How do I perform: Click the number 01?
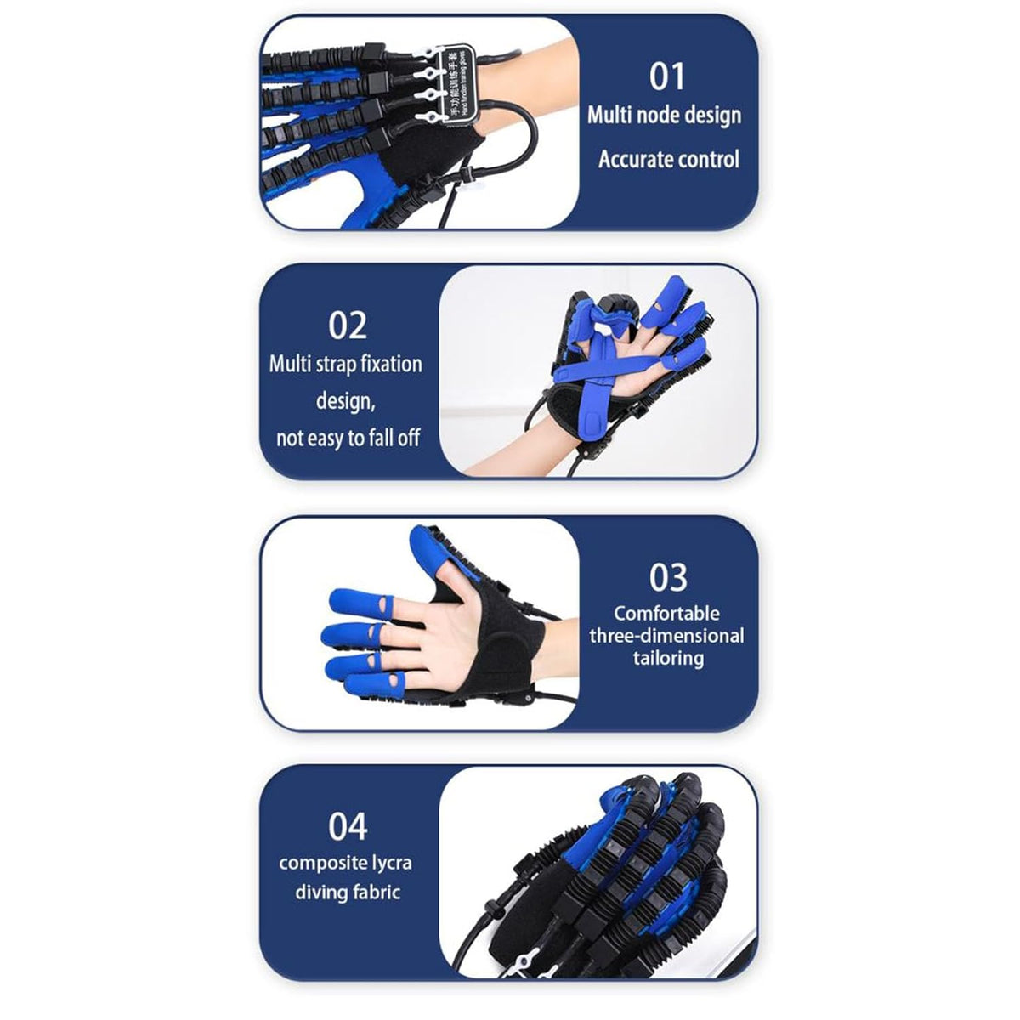tap(667, 76)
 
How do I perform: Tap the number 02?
tap(347, 326)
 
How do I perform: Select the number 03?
tap(667, 578)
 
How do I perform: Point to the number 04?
tap(347, 826)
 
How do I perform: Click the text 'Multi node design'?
tap(664, 116)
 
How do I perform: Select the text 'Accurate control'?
tap(668, 160)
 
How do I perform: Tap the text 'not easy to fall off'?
tap(348, 439)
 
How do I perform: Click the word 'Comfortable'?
tap(666, 613)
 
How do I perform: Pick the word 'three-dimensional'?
tap(666, 636)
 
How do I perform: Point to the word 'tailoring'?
tap(667, 658)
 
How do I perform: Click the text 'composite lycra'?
tap(345, 863)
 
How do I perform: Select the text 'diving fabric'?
tap(347, 892)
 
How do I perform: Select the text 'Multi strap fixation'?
tap(345, 365)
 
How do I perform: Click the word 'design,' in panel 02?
tap(345, 400)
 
